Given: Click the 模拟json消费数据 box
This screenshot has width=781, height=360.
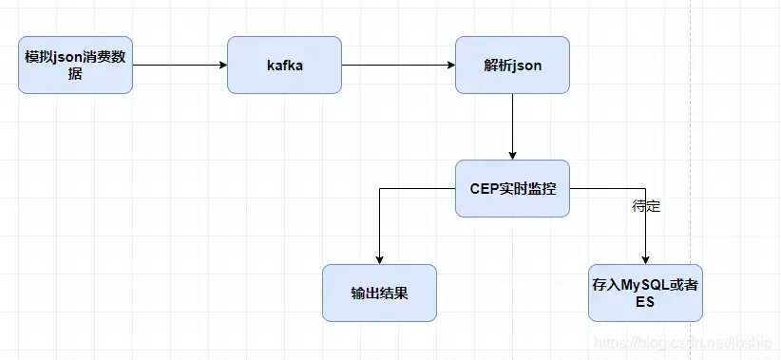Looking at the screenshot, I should click(75, 65).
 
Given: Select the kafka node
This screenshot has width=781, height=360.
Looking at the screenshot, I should click(284, 65).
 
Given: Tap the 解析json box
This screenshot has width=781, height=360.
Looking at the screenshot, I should click(512, 65).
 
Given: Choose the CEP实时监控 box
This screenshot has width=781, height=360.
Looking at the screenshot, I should click(512, 188).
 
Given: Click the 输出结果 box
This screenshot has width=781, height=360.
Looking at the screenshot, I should click(379, 293).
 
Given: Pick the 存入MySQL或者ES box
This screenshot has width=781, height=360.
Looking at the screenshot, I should click(645, 293).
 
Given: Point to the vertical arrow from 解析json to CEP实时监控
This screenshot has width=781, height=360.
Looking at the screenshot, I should click(513, 123).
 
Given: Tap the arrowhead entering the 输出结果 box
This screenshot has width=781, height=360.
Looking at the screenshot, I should click(380, 258).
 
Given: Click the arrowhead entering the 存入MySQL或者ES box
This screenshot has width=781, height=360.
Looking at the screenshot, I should click(646, 258).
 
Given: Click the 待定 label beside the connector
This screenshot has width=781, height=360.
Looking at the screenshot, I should click(646, 205).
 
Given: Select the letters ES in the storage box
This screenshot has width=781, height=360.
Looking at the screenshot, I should click(646, 301).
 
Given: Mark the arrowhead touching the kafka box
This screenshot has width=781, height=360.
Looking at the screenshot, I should click(222, 66).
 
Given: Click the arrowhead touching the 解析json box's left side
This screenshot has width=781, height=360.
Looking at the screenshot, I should click(450, 66).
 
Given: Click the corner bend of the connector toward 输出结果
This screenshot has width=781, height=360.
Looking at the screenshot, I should click(380, 189).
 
